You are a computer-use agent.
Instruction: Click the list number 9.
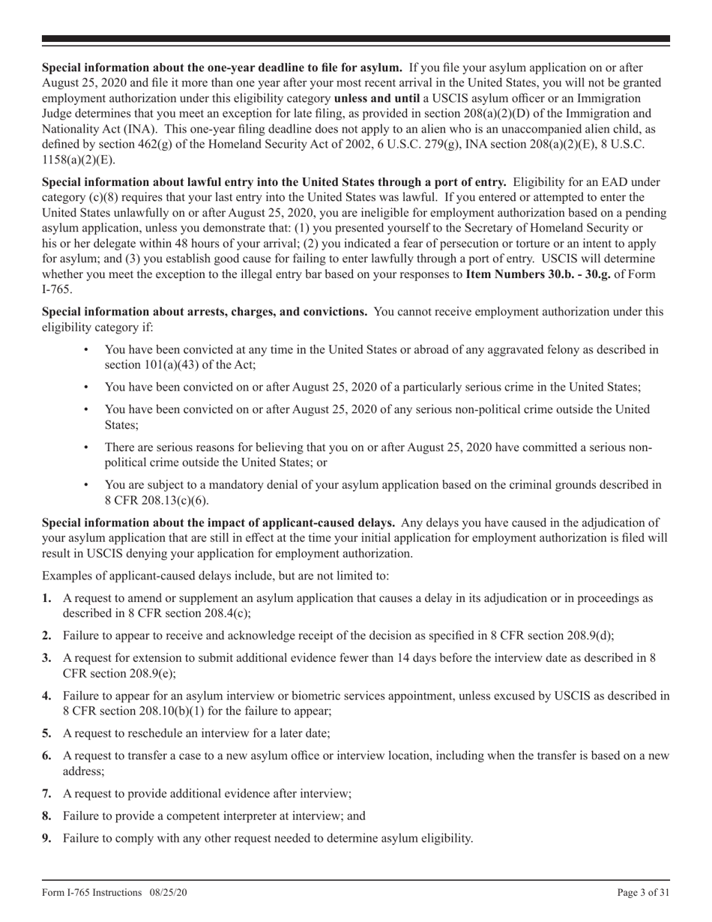(x=46, y=838)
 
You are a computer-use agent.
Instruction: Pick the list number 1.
(x=46, y=598)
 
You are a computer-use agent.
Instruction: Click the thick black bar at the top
(x=356, y=38)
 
